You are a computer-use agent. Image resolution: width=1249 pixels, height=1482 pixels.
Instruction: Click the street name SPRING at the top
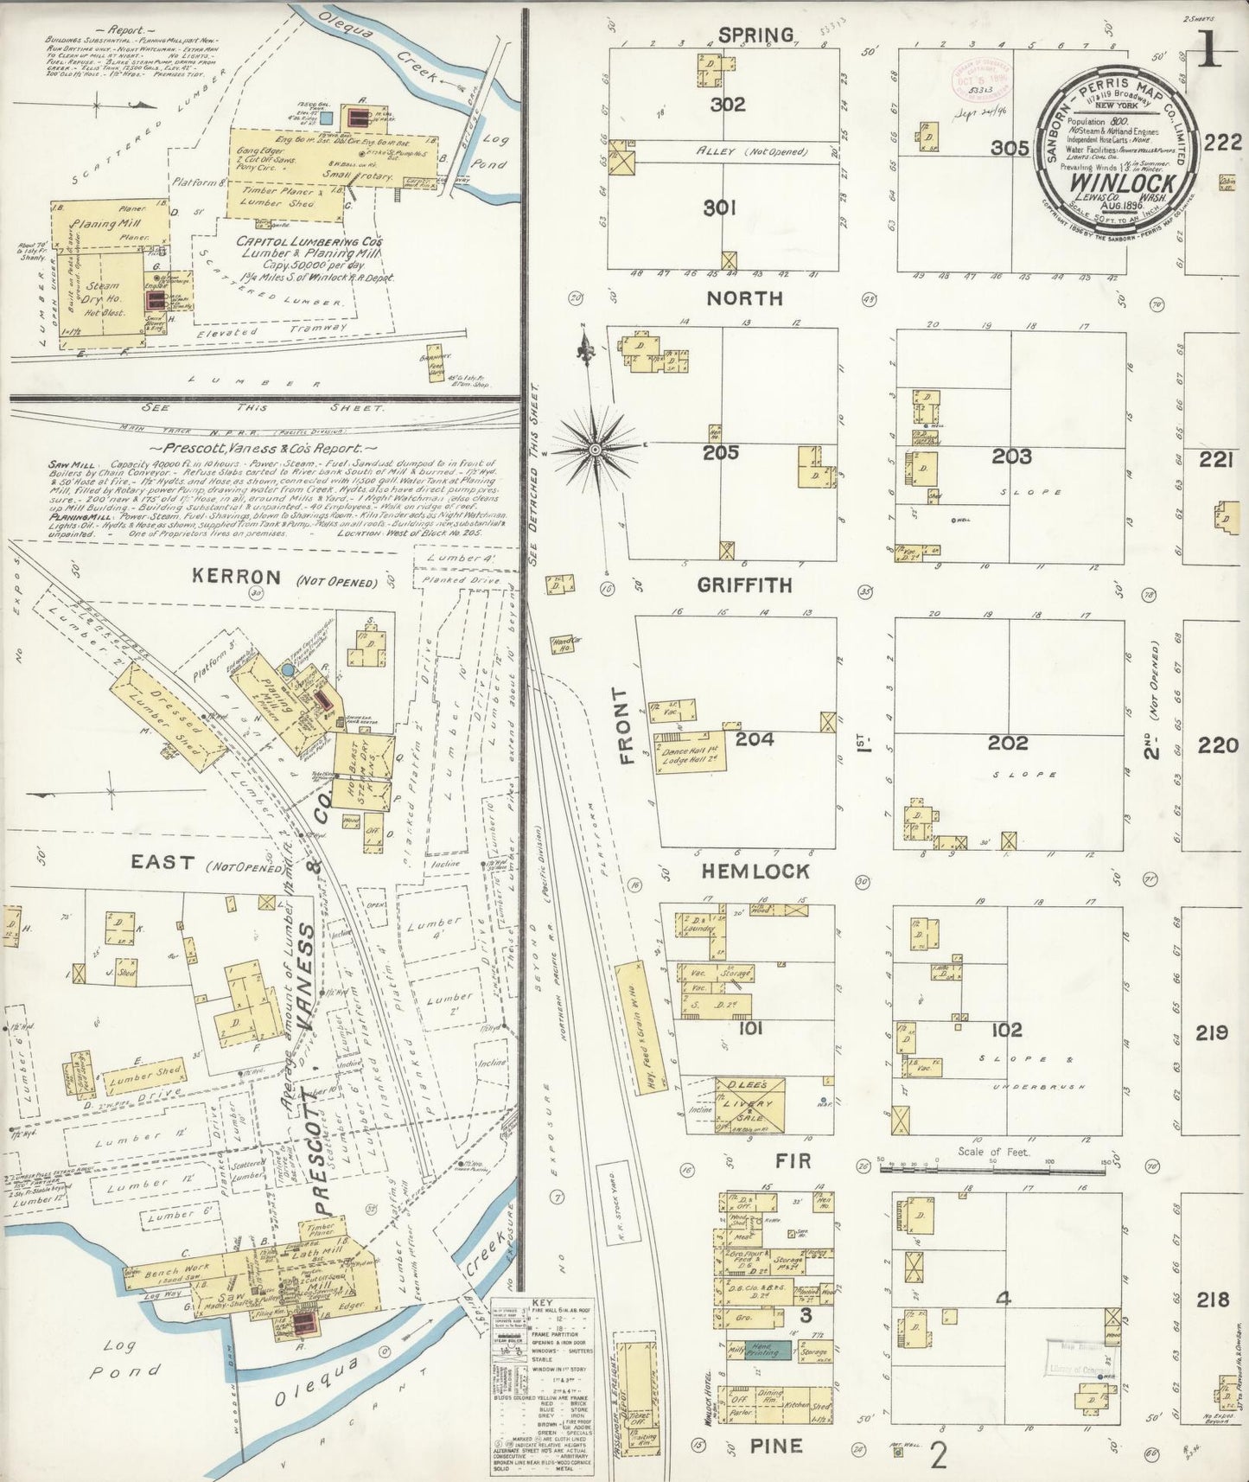click(755, 35)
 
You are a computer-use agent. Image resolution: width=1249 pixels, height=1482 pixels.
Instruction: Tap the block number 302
click(727, 105)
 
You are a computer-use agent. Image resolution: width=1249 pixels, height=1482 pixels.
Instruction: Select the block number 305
click(1010, 148)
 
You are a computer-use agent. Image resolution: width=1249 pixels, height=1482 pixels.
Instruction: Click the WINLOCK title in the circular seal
click(1123, 183)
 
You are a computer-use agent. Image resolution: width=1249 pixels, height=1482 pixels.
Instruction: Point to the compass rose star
click(596, 449)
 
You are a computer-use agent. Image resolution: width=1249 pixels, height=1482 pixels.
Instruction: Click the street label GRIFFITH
click(745, 585)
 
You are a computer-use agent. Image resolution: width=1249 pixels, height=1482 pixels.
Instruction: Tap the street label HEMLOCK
click(755, 871)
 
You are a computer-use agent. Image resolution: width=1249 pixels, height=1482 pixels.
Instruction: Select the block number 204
click(755, 739)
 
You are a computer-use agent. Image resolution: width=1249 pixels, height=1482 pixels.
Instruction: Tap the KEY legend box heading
click(543, 1303)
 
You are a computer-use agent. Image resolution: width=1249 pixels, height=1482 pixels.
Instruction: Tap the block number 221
click(1214, 461)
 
